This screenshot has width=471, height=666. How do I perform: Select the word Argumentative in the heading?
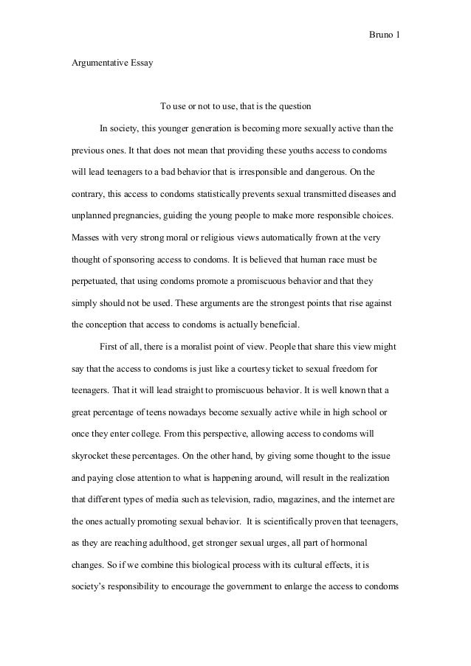point(98,63)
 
